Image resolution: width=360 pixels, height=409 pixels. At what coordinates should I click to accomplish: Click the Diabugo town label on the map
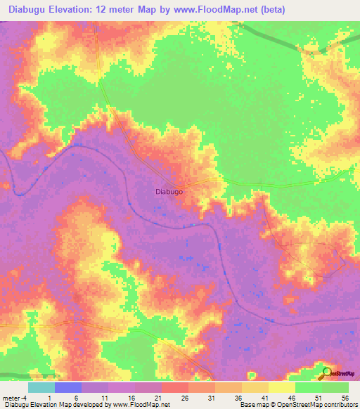[169, 190]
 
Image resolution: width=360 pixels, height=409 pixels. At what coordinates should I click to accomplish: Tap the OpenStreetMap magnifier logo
[327, 372]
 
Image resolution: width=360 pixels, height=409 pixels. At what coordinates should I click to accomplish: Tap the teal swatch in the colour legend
[41, 387]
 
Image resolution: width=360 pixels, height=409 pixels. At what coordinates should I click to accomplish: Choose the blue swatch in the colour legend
[68, 387]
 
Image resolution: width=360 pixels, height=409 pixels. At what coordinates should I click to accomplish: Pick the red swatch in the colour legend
[175, 387]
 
